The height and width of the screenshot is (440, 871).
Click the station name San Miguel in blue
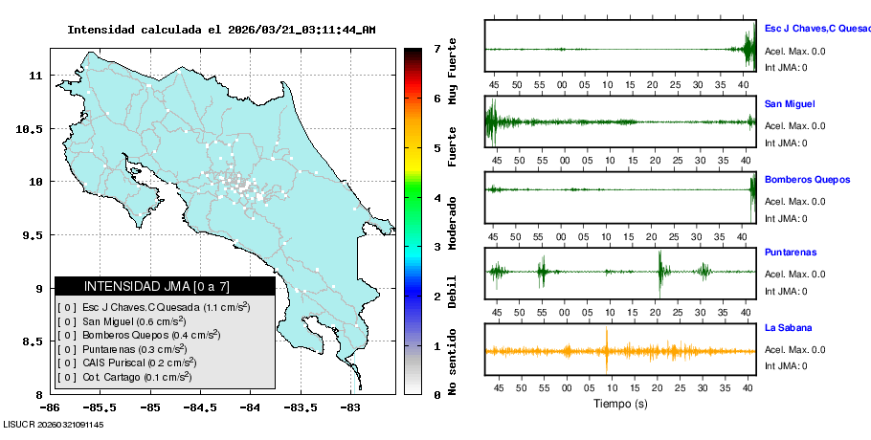[x=790, y=103]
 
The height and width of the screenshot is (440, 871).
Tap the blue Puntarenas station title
[x=790, y=253]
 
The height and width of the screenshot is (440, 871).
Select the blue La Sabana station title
[x=789, y=327]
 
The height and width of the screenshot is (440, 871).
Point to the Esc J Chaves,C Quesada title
[x=816, y=29]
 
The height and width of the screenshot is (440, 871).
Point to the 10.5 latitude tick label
[x=32, y=128]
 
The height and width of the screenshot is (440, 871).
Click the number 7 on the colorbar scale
[x=436, y=49]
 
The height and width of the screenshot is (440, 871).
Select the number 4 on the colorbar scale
[x=436, y=198]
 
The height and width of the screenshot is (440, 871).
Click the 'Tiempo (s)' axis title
[x=620, y=405]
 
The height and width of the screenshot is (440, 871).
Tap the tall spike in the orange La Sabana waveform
[x=607, y=350]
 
